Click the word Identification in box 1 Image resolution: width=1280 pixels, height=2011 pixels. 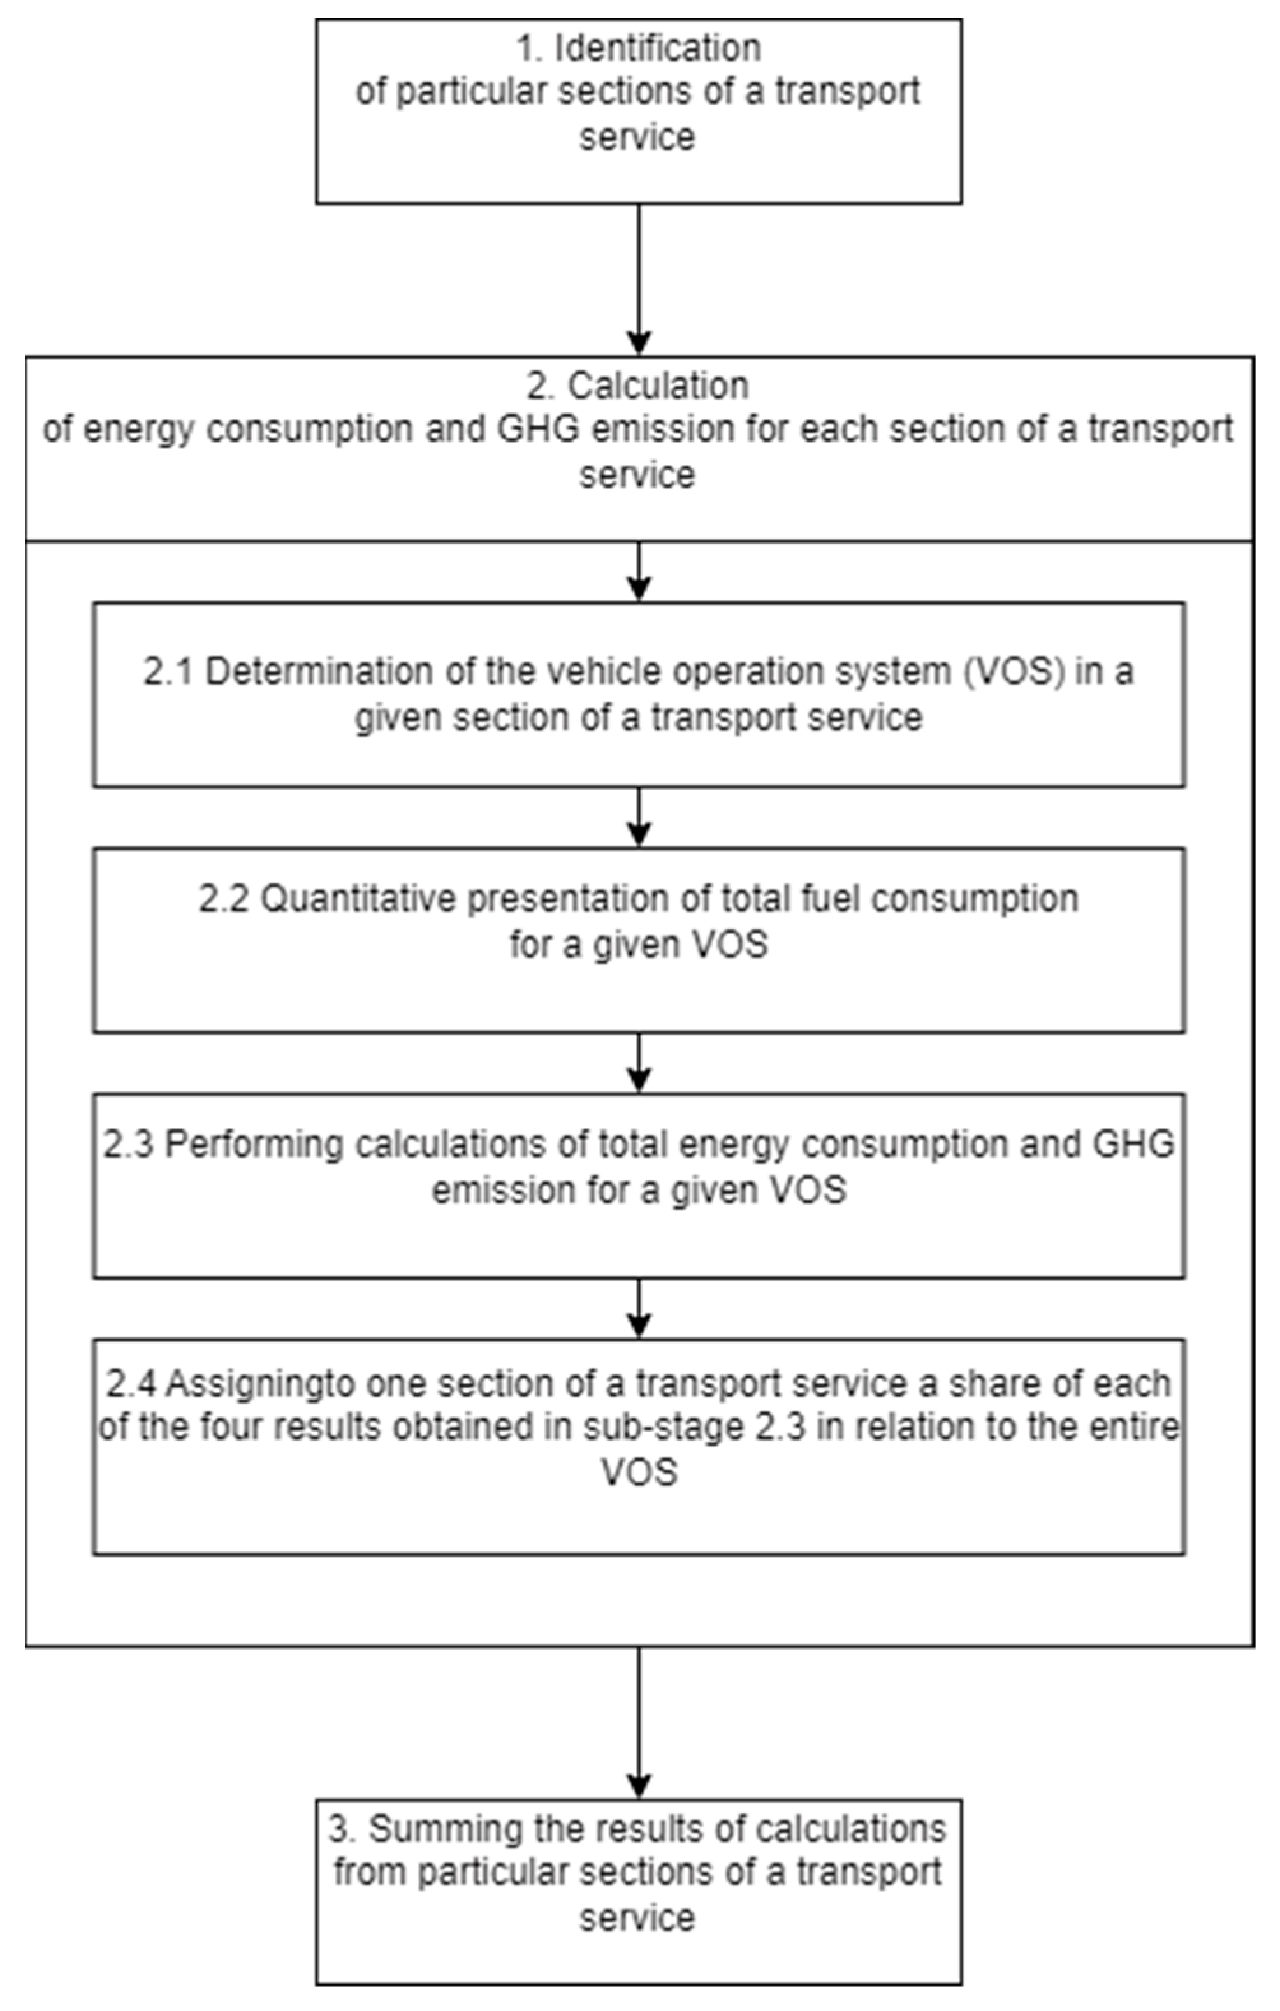click(658, 48)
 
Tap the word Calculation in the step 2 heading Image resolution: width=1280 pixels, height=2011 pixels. click(658, 386)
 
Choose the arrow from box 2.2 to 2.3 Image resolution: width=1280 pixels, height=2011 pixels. click(639, 1063)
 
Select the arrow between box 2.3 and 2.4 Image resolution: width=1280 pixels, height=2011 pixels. click(639, 1309)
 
